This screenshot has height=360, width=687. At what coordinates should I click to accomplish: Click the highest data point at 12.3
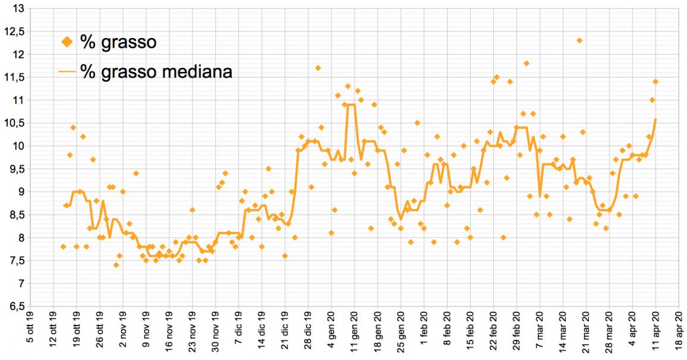pyautogui.click(x=579, y=40)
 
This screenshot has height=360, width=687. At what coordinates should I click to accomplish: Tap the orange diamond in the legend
pyautogui.click(x=67, y=42)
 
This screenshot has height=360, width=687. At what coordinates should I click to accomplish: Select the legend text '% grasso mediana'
pyautogui.click(x=156, y=72)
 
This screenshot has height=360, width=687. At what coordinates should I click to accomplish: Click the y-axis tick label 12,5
pyautogui.click(x=18, y=31)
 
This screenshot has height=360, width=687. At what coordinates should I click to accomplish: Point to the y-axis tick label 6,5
pyautogui.click(x=18, y=307)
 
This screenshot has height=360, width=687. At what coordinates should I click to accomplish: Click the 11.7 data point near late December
pyautogui.click(x=318, y=68)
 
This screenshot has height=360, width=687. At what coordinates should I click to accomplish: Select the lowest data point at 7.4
pyautogui.click(x=116, y=265)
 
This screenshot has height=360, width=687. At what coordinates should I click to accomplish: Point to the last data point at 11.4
pyautogui.click(x=656, y=81)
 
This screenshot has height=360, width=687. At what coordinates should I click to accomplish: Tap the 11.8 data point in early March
pyautogui.click(x=527, y=63)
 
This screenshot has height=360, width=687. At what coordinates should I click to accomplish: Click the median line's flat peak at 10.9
pyautogui.click(x=351, y=105)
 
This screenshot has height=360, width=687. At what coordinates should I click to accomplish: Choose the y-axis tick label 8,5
pyautogui.click(x=18, y=215)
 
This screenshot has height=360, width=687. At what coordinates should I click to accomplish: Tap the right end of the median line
pyautogui.click(x=656, y=119)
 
